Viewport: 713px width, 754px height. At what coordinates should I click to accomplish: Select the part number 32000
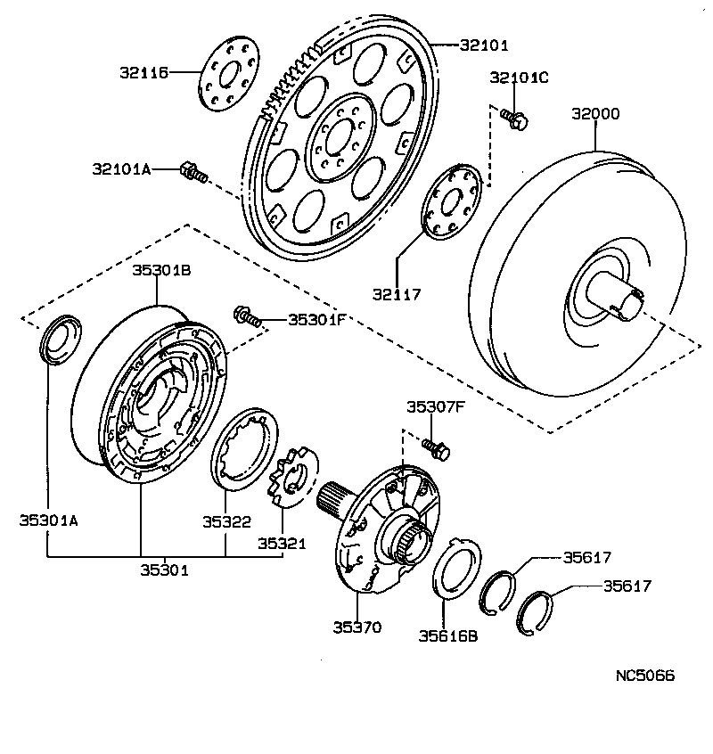click(x=595, y=114)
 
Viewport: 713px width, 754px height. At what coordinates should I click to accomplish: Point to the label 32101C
click(x=519, y=78)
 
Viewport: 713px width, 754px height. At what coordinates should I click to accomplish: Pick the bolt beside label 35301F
click(x=248, y=316)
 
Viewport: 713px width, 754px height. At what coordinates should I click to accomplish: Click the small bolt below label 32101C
click(x=513, y=117)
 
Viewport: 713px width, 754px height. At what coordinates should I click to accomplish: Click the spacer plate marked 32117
click(x=453, y=202)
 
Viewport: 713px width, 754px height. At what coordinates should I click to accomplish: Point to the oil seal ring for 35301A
click(x=60, y=339)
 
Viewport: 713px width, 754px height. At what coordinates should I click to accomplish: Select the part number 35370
click(x=356, y=627)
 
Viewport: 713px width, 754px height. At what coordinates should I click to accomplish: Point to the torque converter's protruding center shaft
click(x=620, y=299)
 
